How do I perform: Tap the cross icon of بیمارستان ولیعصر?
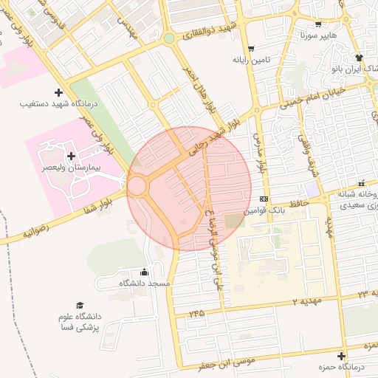click(x=71, y=156)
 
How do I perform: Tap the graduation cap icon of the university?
click(x=79, y=304)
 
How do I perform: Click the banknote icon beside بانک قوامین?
click(x=264, y=199)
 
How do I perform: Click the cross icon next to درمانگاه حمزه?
click(x=342, y=356)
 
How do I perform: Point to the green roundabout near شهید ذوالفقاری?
click(x=169, y=38)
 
